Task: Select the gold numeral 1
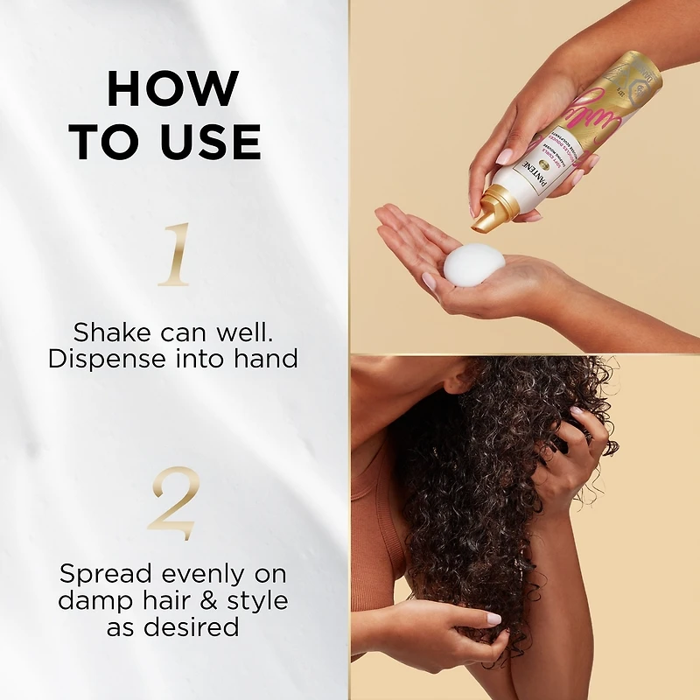174,255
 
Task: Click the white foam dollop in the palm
473,263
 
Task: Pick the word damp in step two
93,601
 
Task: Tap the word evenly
204,574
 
